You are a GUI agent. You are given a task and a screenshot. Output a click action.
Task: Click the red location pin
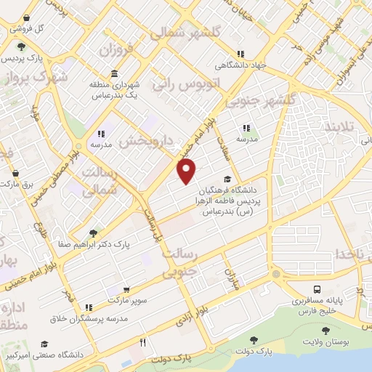tap(187, 171)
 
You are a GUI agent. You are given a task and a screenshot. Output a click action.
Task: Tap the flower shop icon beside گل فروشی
tap(26, 17)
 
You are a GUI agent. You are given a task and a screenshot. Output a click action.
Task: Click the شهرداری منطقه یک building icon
tap(116, 74)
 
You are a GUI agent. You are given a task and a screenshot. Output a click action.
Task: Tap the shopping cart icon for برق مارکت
tap(15, 174)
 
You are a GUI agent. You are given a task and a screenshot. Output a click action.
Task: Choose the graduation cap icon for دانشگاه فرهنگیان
tap(228, 179)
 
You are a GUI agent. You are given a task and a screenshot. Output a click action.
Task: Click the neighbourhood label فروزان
tap(117, 51)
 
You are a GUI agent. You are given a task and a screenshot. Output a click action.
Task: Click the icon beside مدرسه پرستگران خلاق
tap(88, 308)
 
